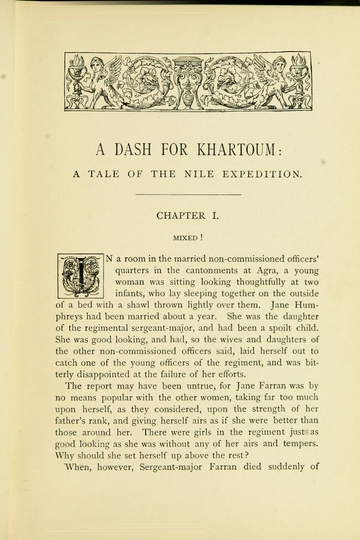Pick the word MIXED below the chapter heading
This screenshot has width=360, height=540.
(185, 237)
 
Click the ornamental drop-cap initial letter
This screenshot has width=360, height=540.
(80, 275)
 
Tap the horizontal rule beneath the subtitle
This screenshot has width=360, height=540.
(187, 194)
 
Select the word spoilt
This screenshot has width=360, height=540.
(283, 328)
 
